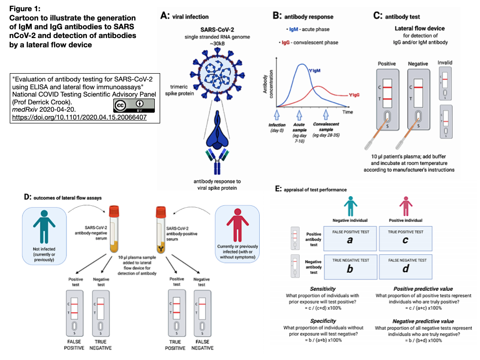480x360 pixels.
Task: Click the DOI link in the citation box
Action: tap(79, 118)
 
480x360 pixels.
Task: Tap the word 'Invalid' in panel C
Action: tap(446, 62)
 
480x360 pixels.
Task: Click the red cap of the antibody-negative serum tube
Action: tap(114, 211)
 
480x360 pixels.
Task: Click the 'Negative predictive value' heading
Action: tap(423, 321)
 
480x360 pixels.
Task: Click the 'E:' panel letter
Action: tap(279, 189)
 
